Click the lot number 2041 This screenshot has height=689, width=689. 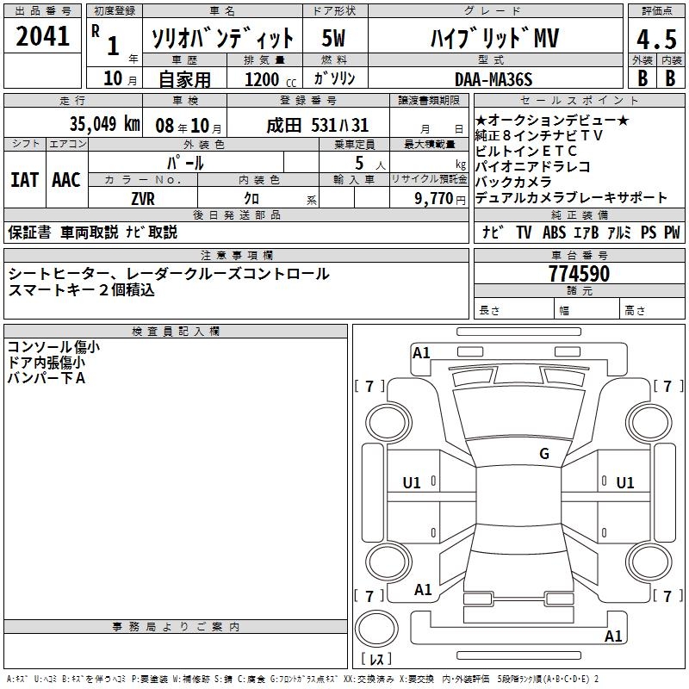pyautogui.click(x=43, y=37)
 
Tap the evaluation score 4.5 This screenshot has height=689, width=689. pyautogui.click(x=655, y=40)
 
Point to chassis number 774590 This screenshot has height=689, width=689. pyautogui.click(x=579, y=275)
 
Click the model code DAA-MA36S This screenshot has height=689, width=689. pyautogui.click(x=493, y=79)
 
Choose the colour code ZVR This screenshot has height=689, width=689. pyautogui.click(x=143, y=198)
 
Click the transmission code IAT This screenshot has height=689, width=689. pyautogui.click(x=24, y=179)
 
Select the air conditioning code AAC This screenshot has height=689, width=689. pyautogui.click(x=66, y=179)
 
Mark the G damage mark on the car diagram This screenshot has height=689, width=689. pyautogui.click(x=543, y=454)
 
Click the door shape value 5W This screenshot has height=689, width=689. pyautogui.click(x=334, y=39)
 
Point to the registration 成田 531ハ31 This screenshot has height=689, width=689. pyautogui.click(x=317, y=124)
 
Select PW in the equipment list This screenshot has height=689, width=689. pyautogui.click(x=672, y=233)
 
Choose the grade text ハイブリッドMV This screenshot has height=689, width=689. pyautogui.click(x=493, y=39)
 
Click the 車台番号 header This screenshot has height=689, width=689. pyautogui.click(x=579, y=256)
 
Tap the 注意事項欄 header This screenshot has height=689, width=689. pyautogui.click(x=237, y=256)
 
